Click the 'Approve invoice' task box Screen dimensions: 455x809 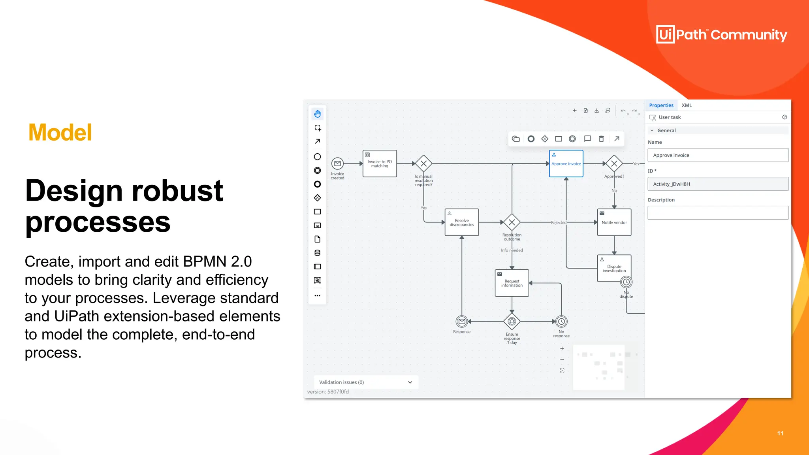pyautogui.click(x=566, y=164)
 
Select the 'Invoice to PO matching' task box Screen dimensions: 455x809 pyautogui.click(x=380, y=164)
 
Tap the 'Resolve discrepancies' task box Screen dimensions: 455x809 pyautogui.click(x=462, y=222)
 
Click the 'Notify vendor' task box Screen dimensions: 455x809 pyautogui.click(x=614, y=222)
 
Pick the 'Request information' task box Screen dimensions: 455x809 pyautogui.click(x=512, y=283)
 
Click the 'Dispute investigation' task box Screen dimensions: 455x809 pyautogui.click(x=614, y=268)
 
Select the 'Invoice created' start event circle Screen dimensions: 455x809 pyautogui.click(x=337, y=164)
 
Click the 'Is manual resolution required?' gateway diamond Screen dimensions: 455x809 pyautogui.click(x=423, y=164)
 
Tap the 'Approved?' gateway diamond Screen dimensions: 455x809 pyautogui.click(x=614, y=164)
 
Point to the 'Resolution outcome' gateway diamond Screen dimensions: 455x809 pyautogui.click(x=512, y=222)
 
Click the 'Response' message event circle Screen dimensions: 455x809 pyautogui.click(x=462, y=322)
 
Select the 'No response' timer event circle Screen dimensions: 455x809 pyautogui.click(x=561, y=322)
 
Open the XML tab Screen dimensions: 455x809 pyautogui.click(x=687, y=105)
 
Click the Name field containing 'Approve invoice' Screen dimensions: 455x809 pyautogui.click(x=718, y=155)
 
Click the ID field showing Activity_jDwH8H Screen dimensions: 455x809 pyautogui.click(x=718, y=184)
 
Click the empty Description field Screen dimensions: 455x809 pyautogui.click(x=718, y=213)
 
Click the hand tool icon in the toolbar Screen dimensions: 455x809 pyautogui.click(x=318, y=114)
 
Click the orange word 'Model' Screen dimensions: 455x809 pyautogui.click(x=60, y=132)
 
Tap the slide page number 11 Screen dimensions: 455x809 pyautogui.click(x=780, y=433)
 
